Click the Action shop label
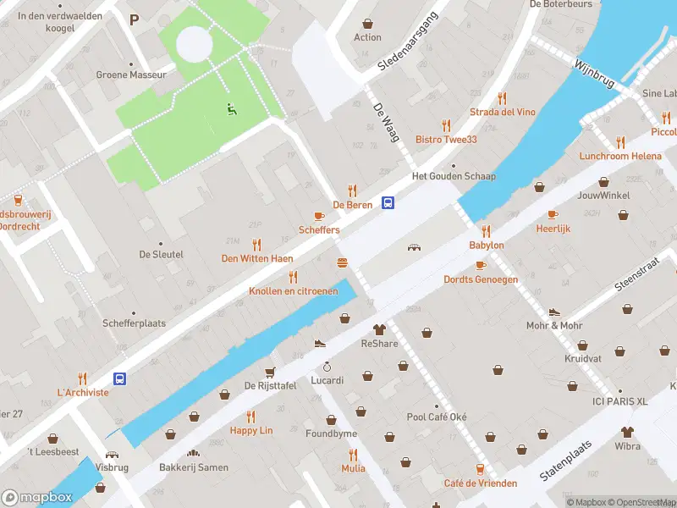click(x=367, y=37)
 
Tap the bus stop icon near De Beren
click(x=388, y=202)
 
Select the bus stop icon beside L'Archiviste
click(x=120, y=378)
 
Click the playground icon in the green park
click(x=230, y=108)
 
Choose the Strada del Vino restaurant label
click(x=503, y=112)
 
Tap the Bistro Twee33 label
click(x=446, y=139)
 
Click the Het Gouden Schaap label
click(x=453, y=176)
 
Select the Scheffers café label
click(x=319, y=229)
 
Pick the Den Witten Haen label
click(x=256, y=258)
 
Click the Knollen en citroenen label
click(x=293, y=290)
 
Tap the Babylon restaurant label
click(x=487, y=245)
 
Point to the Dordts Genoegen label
click(x=481, y=279)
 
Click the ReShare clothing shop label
click(x=379, y=343)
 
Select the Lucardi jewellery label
click(x=327, y=379)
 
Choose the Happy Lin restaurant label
click(x=251, y=430)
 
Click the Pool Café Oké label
click(x=436, y=417)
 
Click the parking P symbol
click(x=134, y=19)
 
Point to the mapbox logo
click(x=38, y=497)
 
